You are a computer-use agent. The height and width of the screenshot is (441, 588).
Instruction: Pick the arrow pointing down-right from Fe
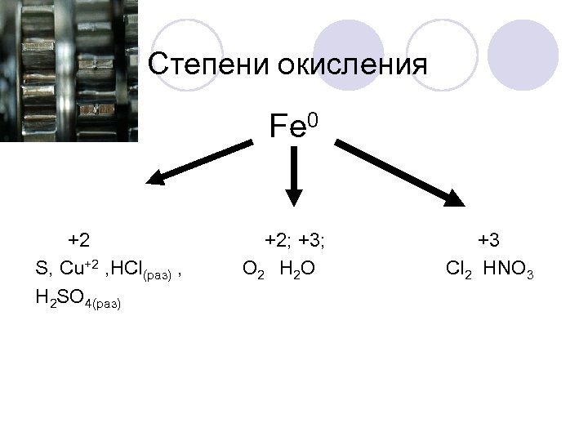[399, 172]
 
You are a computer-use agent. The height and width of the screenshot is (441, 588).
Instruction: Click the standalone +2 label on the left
[79, 240]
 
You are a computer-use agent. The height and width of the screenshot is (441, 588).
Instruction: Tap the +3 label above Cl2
[488, 240]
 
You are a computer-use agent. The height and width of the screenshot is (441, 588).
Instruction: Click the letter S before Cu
[42, 269]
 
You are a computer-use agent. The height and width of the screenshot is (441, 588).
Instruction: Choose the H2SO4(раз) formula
[78, 300]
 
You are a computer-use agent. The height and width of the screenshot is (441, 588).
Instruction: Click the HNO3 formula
[508, 269]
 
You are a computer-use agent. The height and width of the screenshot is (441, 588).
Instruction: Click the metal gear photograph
[69, 70]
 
